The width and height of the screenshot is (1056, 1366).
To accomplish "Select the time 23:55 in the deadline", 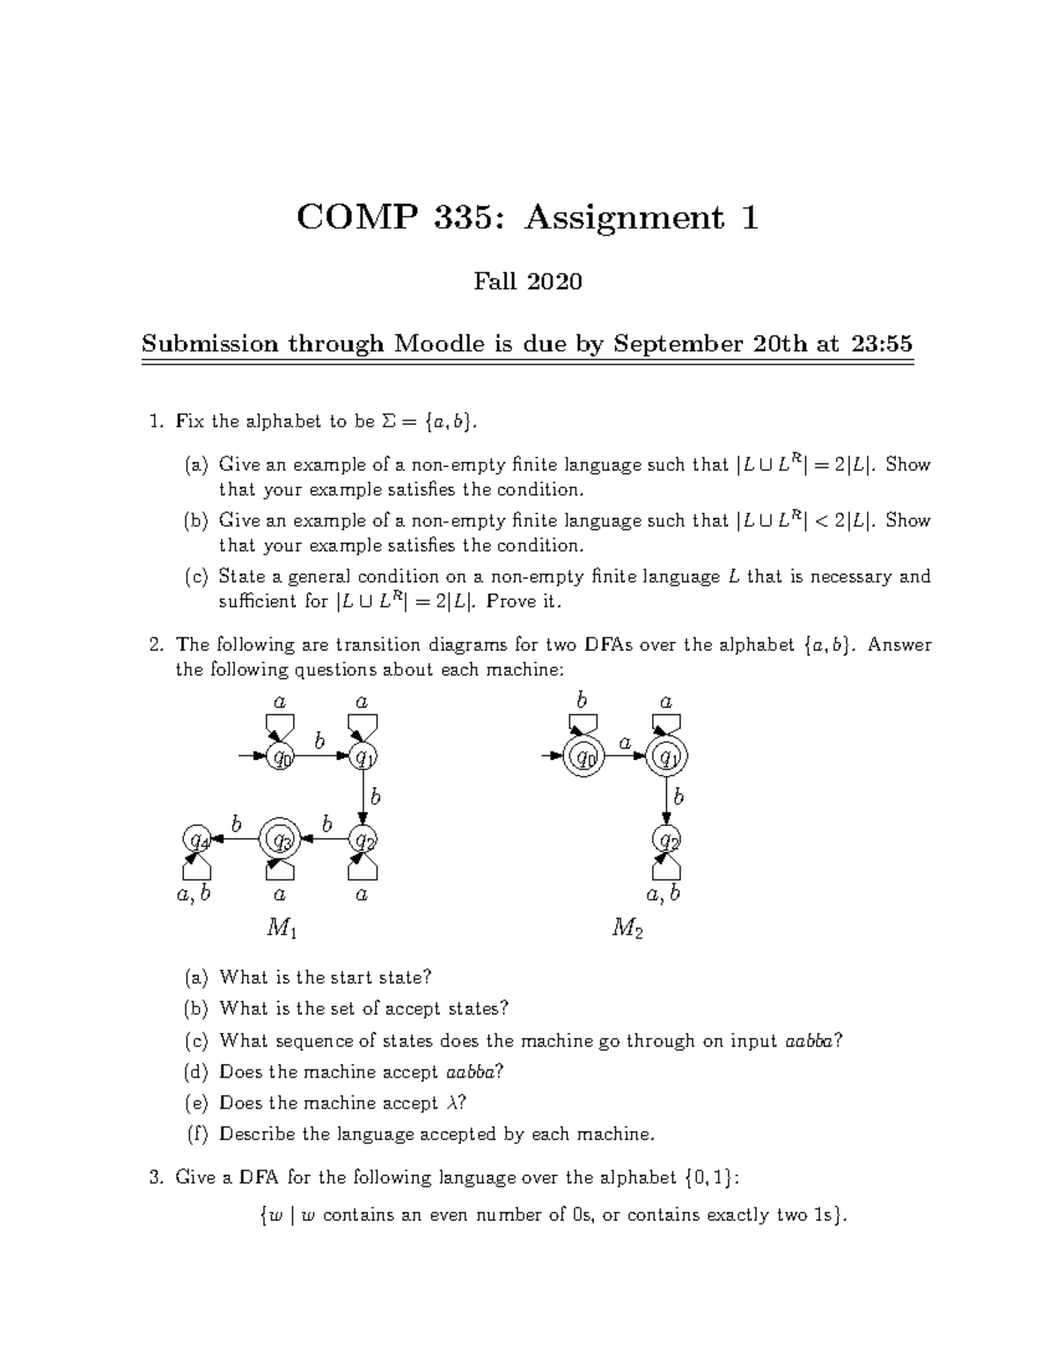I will (x=881, y=343).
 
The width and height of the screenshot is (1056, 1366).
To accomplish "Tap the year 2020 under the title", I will (x=554, y=281).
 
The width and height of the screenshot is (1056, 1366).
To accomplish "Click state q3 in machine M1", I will (x=281, y=840).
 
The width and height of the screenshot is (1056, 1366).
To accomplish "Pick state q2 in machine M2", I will (x=667, y=840).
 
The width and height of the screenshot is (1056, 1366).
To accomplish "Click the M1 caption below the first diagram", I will (x=281, y=928).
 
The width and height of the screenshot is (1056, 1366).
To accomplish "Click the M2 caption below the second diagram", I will (x=627, y=928).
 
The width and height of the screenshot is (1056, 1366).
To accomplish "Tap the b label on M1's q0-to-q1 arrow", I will (x=319, y=741).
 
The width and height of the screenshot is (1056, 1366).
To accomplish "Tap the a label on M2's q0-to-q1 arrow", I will (x=625, y=742).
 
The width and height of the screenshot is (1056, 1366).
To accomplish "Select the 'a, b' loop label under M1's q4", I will (x=194, y=895).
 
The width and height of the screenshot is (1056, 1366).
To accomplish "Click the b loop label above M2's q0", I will (x=582, y=700).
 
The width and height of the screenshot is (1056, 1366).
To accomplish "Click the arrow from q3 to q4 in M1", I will (x=237, y=840).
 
